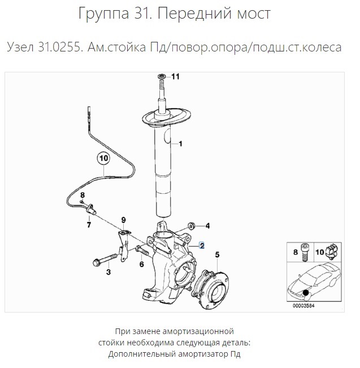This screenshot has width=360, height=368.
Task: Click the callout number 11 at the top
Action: pyautogui.click(x=175, y=77)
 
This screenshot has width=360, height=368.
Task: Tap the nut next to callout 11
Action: pyautogui.click(x=161, y=76)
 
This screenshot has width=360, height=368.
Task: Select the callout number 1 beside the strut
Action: pyautogui.click(x=180, y=144)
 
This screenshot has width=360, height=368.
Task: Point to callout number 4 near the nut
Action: pyautogui.click(x=207, y=226)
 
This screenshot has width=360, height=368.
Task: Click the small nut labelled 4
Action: pyautogui.click(x=190, y=226)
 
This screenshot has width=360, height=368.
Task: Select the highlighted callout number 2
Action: pyautogui.click(x=201, y=246)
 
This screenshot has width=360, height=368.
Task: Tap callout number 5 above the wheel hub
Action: pyautogui.click(x=218, y=254)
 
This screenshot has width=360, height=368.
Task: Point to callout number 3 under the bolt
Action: pyautogui.click(x=108, y=272)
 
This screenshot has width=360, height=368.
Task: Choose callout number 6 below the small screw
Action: pyautogui.click(x=141, y=264)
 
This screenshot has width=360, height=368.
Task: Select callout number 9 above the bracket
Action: pyautogui.click(x=123, y=219)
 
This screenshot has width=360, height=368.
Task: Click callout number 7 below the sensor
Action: pyautogui.click(x=88, y=224)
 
